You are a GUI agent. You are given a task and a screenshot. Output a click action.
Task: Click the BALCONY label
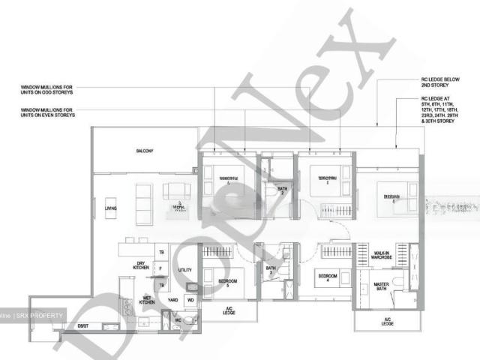[145, 151]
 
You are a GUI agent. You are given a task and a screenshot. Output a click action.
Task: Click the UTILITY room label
[185, 269]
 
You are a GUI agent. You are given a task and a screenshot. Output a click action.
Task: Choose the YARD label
[172, 300]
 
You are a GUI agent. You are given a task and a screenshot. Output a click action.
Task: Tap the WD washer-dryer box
[190, 300]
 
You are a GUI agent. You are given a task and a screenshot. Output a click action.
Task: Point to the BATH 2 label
[281, 190]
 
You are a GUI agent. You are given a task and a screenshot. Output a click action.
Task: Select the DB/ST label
[82, 325]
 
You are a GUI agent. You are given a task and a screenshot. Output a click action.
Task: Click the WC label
[178, 321]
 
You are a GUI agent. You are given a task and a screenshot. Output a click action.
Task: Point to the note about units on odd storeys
[48, 91]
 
